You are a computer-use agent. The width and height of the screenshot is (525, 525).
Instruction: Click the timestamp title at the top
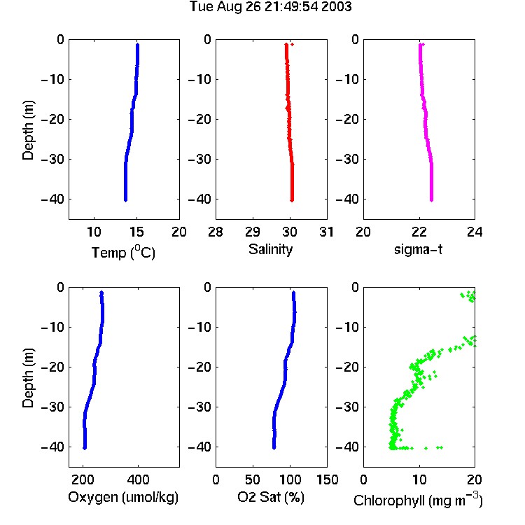(270, 6)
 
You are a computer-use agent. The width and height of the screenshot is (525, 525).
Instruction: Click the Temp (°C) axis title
(123, 252)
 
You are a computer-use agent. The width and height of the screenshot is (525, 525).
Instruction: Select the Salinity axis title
(270, 249)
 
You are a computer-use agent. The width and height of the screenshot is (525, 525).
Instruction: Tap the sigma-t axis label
(418, 249)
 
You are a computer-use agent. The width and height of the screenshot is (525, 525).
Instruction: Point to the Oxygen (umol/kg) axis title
(123, 497)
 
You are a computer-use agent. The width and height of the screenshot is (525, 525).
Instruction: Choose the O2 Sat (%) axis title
(271, 497)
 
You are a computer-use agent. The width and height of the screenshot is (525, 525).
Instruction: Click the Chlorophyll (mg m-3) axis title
(418, 500)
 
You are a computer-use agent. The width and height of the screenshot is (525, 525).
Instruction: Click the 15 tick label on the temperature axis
(136, 232)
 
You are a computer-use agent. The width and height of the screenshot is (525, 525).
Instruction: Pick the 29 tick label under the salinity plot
(253, 232)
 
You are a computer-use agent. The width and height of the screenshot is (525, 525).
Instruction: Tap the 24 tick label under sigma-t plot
(475, 232)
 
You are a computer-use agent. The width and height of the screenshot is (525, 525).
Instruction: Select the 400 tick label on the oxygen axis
(139, 479)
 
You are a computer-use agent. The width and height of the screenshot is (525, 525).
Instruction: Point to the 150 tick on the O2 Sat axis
(327, 479)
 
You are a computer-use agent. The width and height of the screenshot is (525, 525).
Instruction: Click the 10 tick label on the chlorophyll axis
(419, 479)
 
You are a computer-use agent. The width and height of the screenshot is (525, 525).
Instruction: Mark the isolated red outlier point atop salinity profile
(293, 45)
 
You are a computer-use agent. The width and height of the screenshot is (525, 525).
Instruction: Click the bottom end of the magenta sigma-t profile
(432, 200)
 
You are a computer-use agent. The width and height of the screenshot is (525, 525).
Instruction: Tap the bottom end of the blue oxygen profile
(85, 448)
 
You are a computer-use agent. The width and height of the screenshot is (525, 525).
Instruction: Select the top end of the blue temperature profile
(137, 44)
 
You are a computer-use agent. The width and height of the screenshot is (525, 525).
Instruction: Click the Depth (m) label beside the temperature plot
(28, 130)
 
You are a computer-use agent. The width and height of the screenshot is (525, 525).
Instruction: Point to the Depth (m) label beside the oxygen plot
(28, 378)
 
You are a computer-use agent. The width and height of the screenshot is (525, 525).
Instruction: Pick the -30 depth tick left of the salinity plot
(199, 159)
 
